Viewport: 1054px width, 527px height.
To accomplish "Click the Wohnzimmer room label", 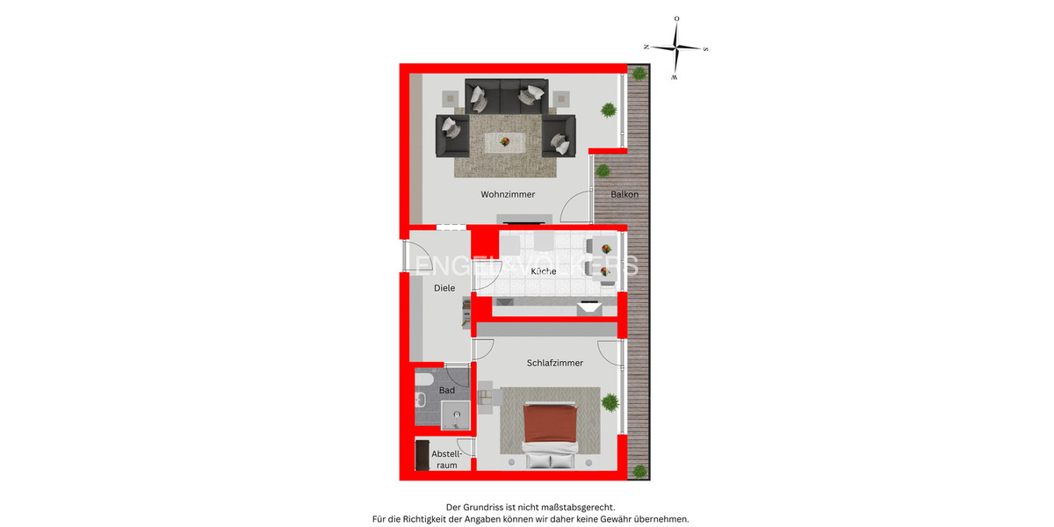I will pyautogui.click(x=508, y=194).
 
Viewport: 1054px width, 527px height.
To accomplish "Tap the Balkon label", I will pyautogui.click(x=624, y=194).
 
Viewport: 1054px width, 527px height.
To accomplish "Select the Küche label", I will pyautogui.click(x=544, y=271).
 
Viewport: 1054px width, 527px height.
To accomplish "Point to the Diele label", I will pyautogui.click(x=444, y=287).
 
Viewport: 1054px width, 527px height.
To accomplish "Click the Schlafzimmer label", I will pyautogui.click(x=555, y=363).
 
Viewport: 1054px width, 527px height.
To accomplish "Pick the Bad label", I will pyautogui.click(x=447, y=390).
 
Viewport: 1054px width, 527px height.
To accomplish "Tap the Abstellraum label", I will pyautogui.click(x=447, y=459).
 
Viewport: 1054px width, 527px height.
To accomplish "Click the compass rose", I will pyautogui.click(x=675, y=47).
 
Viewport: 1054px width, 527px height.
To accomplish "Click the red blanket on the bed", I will pyautogui.click(x=550, y=424).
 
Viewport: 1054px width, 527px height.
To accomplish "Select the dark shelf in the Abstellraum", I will pyautogui.click(x=422, y=455).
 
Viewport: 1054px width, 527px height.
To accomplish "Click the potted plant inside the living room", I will pyautogui.click(x=607, y=110).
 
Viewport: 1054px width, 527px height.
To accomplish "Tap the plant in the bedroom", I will pyautogui.click(x=610, y=402).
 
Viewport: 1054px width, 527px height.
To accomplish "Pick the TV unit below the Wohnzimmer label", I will pyautogui.click(x=523, y=219).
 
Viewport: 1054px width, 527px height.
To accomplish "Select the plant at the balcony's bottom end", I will pyautogui.click(x=640, y=471).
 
